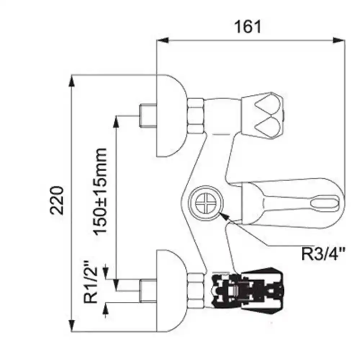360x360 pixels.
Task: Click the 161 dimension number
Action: tap(248, 27)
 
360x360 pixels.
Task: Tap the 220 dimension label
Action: tap(57, 201)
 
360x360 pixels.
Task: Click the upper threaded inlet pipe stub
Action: tap(148, 115)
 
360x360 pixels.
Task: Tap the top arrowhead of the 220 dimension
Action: tap(72, 81)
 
